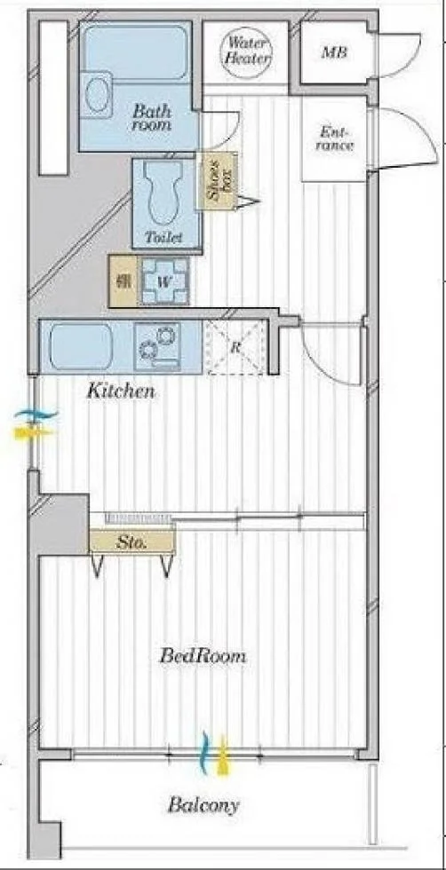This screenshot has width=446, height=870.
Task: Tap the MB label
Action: coord(334,53)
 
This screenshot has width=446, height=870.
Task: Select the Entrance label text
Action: coord(336,139)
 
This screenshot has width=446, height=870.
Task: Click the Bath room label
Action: coord(152,117)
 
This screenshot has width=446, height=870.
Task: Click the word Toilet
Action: coord(163,238)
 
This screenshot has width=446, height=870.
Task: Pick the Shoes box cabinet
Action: coord(217,181)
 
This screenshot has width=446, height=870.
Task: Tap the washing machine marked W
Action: coord(165,281)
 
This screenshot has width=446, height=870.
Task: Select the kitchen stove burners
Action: coord(158,347)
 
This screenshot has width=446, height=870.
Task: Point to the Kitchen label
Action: coord(120,391)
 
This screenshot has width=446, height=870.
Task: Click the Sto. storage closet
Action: coord(132,542)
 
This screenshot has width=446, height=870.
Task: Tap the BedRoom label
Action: coord(203,656)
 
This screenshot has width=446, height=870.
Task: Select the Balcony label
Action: coord(203,805)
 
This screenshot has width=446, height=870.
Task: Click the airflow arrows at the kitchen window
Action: coord(35,423)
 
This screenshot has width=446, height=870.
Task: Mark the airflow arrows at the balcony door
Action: coord(214,754)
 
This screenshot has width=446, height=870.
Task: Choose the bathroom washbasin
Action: coord(96,95)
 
